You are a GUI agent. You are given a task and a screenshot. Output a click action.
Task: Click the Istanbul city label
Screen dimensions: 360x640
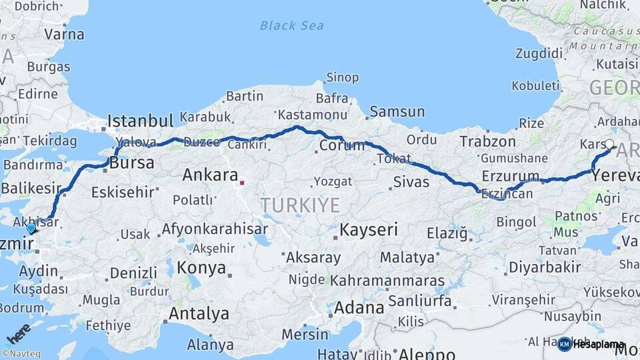(141, 121)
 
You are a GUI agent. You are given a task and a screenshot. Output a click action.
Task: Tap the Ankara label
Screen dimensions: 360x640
(210, 175)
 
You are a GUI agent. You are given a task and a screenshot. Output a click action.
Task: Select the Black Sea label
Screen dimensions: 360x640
(291, 26)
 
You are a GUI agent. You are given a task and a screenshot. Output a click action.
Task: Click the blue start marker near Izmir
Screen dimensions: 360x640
(31, 228)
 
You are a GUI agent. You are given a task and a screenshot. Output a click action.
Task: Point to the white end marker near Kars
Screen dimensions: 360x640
(609, 144)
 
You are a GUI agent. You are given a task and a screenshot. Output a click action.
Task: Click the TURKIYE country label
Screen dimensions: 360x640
(300, 205)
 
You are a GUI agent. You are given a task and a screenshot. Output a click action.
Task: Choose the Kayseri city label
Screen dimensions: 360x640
(369, 230)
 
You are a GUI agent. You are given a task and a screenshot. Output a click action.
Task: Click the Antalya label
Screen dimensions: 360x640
(199, 313)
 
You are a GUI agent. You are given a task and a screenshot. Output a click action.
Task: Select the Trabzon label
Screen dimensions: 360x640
(488, 141)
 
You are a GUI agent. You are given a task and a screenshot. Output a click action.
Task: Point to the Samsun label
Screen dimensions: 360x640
(397, 111)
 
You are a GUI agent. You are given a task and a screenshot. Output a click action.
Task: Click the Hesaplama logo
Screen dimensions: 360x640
(592, 345)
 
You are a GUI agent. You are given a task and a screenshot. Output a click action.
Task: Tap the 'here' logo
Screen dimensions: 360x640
(18, 333)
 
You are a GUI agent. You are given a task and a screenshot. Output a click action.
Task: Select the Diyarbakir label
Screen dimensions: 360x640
(545, 267)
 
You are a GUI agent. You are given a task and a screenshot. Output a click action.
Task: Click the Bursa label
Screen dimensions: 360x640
(132, 163)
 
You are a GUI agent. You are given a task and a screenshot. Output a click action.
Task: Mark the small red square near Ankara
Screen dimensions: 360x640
(243, 181)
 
